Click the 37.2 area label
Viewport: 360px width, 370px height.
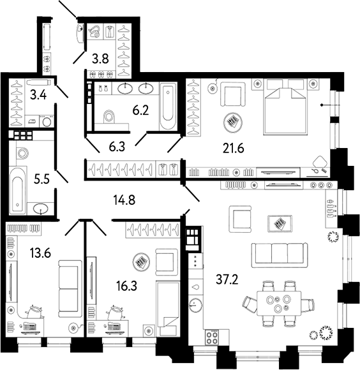(227, 279)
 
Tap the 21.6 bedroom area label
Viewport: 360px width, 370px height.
(233, 148)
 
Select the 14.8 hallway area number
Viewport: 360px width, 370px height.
(124, 200)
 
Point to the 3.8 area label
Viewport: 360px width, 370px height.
(100, 59)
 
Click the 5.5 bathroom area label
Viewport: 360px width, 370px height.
(41, 179)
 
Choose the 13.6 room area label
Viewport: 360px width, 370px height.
(40, 253)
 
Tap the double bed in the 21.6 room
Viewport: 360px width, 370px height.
(285, 107)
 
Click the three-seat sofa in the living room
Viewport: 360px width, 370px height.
(280, 255)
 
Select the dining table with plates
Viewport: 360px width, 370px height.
(279, 303)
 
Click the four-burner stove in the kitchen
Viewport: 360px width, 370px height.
(212, 337)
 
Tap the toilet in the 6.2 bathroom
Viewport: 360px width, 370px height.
(109, 116)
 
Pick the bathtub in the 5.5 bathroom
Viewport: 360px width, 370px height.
(18, 191)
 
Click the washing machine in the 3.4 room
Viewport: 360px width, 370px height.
(47, 121)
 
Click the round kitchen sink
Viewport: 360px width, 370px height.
(195, 305)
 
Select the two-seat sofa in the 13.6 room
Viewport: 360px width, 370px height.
(70, 288)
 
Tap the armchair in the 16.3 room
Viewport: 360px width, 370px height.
(167, 262)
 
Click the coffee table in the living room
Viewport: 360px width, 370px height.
(280, 223)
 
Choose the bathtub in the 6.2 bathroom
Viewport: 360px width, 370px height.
(168, 106)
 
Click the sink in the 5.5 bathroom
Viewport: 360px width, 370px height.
(41, 209)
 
